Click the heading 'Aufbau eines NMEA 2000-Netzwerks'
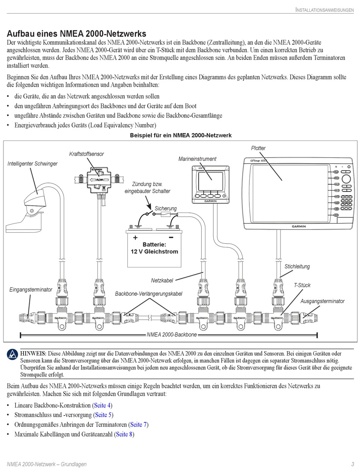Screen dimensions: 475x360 [x=77, y=34]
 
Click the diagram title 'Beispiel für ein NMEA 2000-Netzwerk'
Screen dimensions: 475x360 [x=180, y=135]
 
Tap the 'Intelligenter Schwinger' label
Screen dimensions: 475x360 [x=33, y=164]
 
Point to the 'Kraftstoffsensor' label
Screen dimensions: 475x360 [x=86, y=154]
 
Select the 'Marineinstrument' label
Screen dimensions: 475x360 [x=197, y=159]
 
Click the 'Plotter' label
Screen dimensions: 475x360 [x=258, y=148]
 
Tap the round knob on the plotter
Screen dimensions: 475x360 [x=346, y=179]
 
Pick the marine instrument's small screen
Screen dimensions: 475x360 [x=210, y=181]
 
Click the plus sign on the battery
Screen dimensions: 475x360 [x=135, y=237]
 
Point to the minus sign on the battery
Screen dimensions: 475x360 [x=171, y=237]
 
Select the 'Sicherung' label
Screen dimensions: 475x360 [x=166, y=208]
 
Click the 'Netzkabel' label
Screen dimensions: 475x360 [x=162, y=280]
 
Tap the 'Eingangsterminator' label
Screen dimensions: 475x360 [x=31, y=290]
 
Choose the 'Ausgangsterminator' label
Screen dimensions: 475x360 [x=322, y=301]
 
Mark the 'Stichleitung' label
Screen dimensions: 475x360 [x=297, y=266]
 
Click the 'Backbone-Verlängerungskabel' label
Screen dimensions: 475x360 [x=149, y=294]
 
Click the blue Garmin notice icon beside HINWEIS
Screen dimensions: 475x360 [x=13, y=355]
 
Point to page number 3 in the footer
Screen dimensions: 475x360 [x=352, y=464]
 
